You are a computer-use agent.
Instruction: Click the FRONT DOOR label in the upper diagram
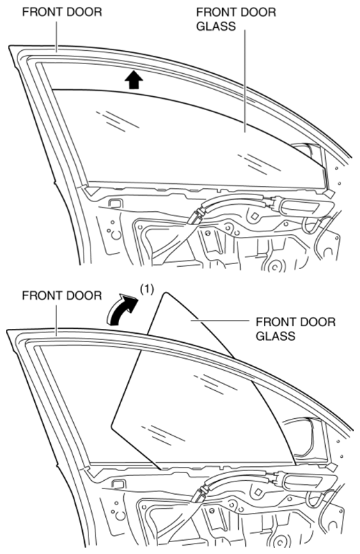point(62,12)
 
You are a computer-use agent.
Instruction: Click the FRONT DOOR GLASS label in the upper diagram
point(236,19)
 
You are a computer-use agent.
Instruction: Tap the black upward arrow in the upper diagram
point(134,79)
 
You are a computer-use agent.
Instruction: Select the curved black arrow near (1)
point(120,310)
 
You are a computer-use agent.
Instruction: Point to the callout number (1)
point(147,289)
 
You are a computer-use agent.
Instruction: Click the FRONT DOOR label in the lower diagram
point(62,295)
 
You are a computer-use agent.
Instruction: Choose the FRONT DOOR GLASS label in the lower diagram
point(295,329)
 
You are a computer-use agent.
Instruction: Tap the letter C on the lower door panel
point(120,516)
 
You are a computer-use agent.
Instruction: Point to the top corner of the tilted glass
point(164,293)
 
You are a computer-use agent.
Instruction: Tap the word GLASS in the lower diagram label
point(275,336)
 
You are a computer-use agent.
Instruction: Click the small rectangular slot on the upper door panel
point(115,203)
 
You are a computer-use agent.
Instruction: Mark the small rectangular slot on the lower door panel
point(118,484)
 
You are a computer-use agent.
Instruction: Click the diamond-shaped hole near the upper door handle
point(254,215)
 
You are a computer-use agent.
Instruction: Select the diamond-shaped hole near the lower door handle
point(258,492)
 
